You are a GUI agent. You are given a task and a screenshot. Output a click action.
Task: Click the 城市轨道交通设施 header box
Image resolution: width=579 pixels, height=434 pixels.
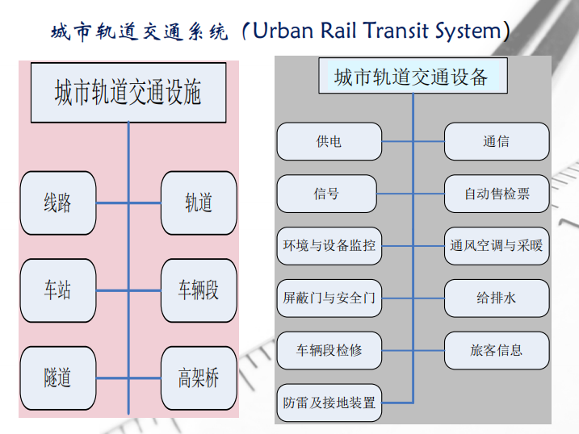128,93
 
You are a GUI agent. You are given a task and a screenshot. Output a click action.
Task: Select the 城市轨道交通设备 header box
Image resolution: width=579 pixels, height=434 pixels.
412,77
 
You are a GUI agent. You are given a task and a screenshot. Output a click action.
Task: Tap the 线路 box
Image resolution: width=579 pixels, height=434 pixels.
58,202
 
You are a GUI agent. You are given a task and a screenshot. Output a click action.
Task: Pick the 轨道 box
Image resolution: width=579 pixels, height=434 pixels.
199,202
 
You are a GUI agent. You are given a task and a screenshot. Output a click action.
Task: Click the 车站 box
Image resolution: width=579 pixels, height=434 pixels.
58,290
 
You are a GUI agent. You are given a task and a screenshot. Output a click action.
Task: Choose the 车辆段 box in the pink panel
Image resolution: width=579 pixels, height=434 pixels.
199,290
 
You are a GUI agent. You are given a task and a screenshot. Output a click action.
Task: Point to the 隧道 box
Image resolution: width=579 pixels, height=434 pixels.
58,377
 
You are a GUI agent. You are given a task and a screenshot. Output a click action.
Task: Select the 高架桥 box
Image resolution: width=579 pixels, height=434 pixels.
199,377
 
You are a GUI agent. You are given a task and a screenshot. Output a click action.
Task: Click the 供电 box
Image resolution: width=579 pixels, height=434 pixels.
329,141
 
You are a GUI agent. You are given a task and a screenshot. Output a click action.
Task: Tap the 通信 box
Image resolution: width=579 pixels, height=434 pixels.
497,141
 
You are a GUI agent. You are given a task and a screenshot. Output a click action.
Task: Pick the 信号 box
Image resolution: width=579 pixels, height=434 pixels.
327,194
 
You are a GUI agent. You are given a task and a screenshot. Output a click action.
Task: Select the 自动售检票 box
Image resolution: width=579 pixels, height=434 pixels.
497,194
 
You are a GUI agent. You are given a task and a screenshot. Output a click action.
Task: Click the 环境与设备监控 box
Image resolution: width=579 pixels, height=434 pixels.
329,245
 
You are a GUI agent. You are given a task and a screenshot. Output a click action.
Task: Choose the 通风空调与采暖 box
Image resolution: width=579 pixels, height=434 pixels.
497,245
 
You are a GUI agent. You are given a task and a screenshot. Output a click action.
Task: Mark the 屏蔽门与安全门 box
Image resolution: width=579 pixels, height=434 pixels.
329,298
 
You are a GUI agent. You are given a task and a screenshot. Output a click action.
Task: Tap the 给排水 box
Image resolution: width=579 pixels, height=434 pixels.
497,298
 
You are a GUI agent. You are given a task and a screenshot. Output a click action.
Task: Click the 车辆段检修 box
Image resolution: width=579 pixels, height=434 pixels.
329,350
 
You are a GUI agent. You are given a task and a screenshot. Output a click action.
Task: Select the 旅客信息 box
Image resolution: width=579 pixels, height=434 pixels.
497,350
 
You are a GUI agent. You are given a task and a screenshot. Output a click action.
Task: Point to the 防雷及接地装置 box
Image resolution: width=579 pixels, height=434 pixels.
329,402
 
